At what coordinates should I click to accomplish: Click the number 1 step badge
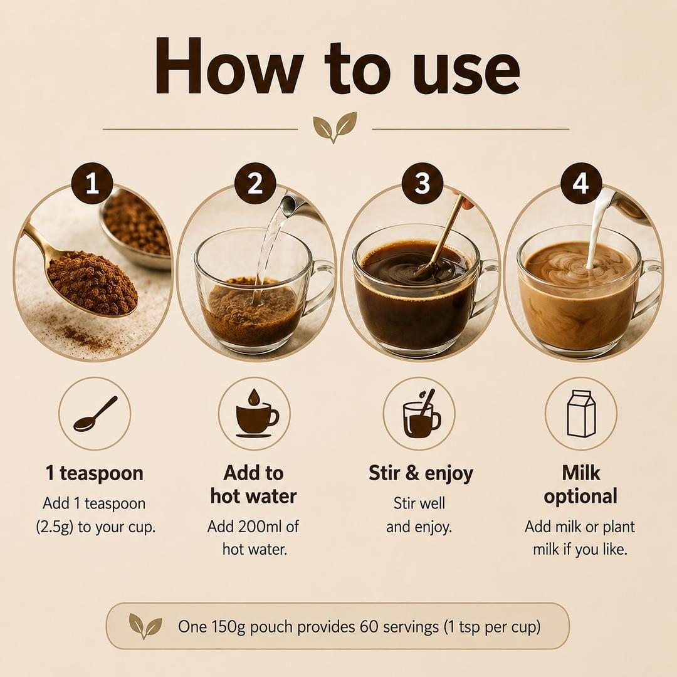point(92,184)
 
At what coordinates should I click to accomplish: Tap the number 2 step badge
point(255,184)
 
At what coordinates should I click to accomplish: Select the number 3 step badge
point(422,183)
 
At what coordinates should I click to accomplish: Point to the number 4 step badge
point(580,183)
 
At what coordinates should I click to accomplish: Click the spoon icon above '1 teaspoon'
point(95,414)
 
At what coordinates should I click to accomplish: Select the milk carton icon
point(580,414)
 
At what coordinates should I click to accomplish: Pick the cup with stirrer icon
point(421,414)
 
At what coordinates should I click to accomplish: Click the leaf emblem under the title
point(335,127)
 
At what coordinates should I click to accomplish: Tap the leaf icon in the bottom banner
point(145,626)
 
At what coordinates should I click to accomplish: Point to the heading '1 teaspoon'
point(95,473)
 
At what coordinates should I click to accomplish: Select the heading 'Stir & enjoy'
point(421,473)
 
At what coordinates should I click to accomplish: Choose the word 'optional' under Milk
point(580,496)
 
